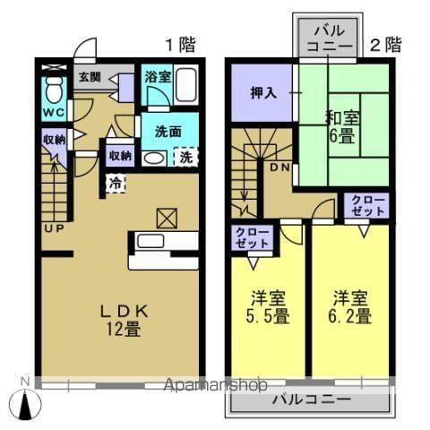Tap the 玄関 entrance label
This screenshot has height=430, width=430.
click(88, 77)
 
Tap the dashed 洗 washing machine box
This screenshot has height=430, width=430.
click(185, 158)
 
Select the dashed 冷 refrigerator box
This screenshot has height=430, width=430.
click(116, 183)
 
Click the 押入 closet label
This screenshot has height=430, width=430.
click(261, 92)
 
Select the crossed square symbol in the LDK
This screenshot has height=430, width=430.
click(166, 217)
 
